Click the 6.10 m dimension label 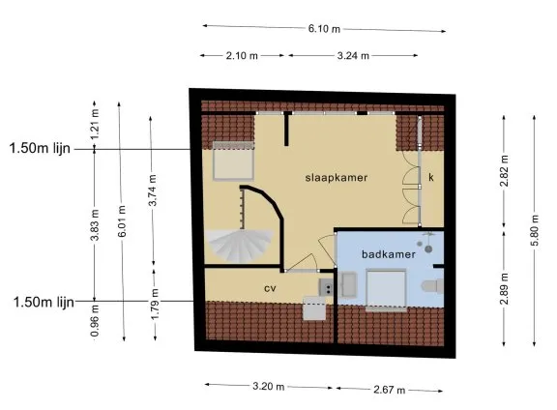tap(324, 28)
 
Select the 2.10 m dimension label tap(242, 56)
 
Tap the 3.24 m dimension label tap(353, 56)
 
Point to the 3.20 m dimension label tap(269, 386)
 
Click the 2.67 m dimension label tap(389, 390)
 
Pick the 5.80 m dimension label tap(536, 230)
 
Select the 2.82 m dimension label tap(505, 170)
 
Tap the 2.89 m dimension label tap(505, 288)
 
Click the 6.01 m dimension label tap(122, 221)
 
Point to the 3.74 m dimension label tap(153, 190)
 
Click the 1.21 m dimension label tap(95, 125)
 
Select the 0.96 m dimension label tap(95, 320)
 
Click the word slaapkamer tap(337, 178)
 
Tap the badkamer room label tap(389, 254)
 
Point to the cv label tap(270, 288)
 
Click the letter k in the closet tap(431, 177)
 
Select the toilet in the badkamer tap(433, 286)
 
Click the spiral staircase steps tap(240, 246)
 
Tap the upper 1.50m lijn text tap(40, 148)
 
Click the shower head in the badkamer tap(428, 249)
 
